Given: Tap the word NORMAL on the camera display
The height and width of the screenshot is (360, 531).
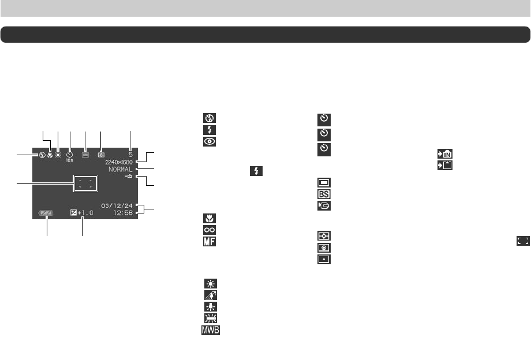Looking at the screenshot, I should click(119, 170).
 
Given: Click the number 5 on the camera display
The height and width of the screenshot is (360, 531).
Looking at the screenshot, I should click(131, 155).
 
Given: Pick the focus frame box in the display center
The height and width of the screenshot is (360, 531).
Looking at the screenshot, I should click(85, 184).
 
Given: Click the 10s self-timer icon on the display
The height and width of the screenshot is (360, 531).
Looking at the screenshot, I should click(69, 155).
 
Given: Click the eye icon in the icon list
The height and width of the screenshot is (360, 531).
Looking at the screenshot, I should click(208, 142).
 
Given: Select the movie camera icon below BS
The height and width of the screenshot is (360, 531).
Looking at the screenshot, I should click(323, 205).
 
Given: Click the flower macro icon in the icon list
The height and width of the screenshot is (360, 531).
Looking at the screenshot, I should click(208, 218).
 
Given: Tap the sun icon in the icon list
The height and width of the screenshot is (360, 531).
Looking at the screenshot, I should click(208, 284).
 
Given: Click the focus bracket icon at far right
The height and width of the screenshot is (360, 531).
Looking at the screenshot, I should click(523, 242).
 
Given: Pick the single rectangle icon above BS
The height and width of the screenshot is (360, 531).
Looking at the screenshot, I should click(323, 182).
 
